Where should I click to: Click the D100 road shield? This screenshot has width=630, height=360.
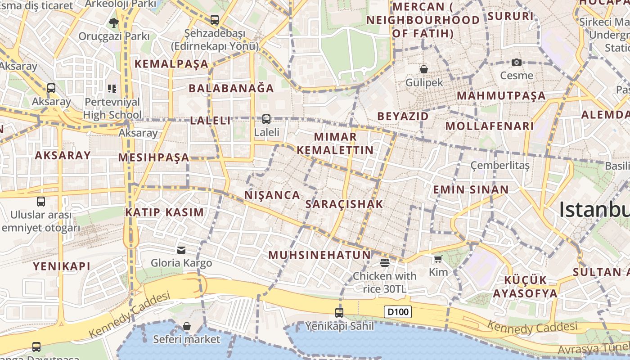(x=398, y=312)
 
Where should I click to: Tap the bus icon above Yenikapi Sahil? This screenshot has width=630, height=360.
(x=339, y=312)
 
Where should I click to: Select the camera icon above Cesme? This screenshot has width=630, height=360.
(x=517, y=62)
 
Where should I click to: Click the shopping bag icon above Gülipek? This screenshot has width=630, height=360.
(x=423, y=69)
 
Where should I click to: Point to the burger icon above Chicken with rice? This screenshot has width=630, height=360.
(x=384, y=262)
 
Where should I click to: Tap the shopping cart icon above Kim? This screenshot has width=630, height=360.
(x=438, y=259)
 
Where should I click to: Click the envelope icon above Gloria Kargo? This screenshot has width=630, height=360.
(x=181, y=250)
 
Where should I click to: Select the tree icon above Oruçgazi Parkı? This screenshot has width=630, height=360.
(x=113, y=22)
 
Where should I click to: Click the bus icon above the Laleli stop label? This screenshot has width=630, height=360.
(x=266, y=119)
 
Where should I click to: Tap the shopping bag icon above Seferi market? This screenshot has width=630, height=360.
(x=186, y=326)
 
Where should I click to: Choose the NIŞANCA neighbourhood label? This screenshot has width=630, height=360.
(x=272, y=195)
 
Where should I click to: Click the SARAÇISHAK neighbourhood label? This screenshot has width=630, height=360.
(x=344, y=204)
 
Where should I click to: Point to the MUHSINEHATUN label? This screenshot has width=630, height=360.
(x=319, y=255)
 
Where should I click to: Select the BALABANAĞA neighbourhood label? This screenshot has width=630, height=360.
(x=231, y=88)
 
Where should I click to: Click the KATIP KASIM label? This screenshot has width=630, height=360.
(x=164, y=212)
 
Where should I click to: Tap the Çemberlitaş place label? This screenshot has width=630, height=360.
(x=499, y=165)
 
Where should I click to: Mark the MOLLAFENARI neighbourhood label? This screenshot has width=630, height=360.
(x=490, y=126)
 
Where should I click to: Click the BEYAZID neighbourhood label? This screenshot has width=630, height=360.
(x=403, y=116)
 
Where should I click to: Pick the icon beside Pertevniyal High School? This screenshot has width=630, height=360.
(x=112, y=88)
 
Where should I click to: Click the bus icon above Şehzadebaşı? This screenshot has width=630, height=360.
(x=215, y=20)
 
